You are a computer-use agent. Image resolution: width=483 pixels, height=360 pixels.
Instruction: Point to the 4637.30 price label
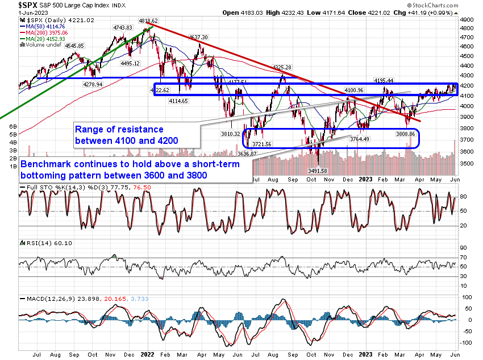199,37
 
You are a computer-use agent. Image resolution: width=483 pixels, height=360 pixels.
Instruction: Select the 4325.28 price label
283,68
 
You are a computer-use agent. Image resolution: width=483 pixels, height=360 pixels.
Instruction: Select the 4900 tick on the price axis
467,19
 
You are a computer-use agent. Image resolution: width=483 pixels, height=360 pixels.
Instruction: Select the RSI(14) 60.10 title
40,243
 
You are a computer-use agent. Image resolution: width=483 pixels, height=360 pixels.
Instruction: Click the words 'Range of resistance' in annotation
119,129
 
